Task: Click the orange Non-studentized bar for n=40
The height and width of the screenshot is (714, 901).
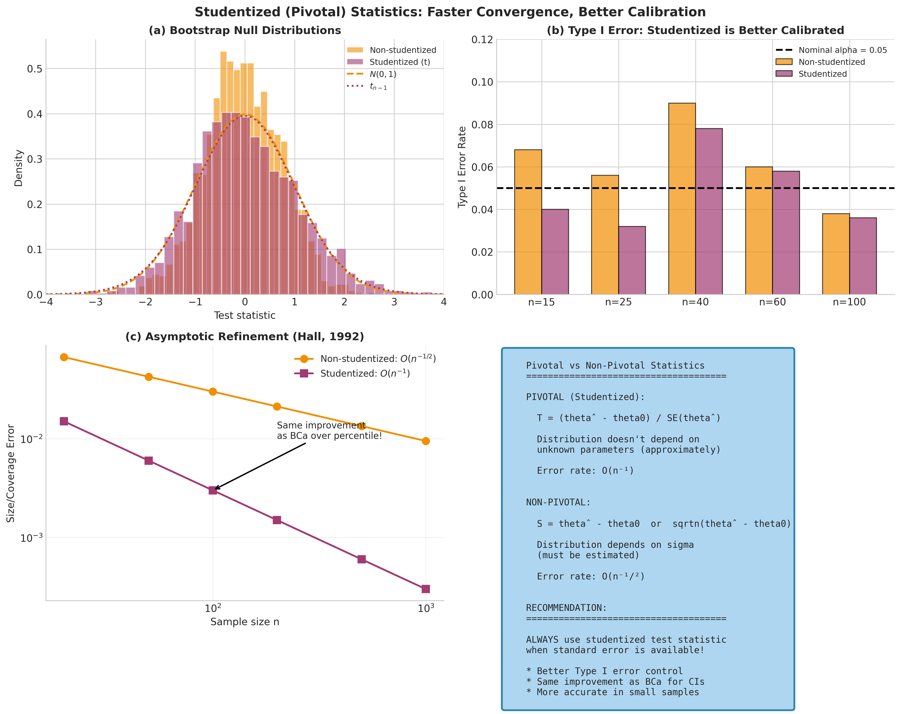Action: (682, 198)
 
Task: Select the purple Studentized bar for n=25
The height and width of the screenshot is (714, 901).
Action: (632, 260)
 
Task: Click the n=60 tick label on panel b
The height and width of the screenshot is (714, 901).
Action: (772, 302)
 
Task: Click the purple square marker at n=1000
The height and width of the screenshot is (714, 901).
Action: (425, 589)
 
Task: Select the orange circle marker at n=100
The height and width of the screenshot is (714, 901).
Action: (213, 392)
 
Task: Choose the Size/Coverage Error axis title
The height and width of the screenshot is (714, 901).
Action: (11, 473)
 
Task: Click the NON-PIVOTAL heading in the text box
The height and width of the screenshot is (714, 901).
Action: (558, 502)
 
